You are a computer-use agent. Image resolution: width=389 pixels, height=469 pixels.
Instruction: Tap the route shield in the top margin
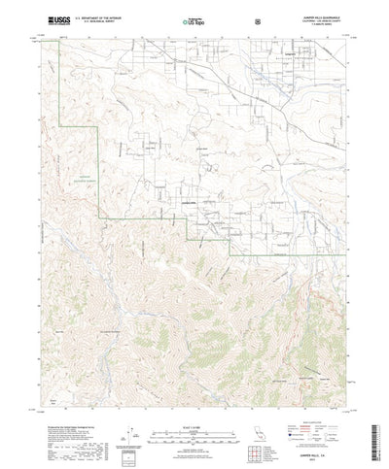click(x=230, y=19)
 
